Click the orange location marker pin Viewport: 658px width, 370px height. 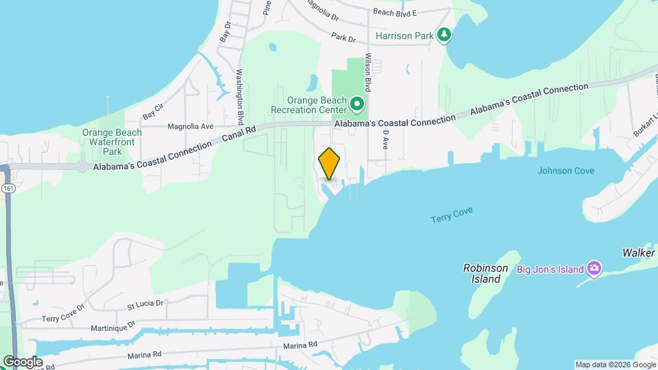pyautogui.click(x=330, y=164)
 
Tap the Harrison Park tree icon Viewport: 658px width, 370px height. pyautogui.click(x=445, y=34)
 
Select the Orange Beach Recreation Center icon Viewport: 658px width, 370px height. pyautogui.click(x=357, y=105)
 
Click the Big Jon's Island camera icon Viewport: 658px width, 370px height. pyautogui.click(x=594, y=269)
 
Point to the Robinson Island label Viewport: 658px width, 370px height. pyautogui.click(x=485, y=273)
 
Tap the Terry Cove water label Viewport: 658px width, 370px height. pyautogui.click(x=452, y=215)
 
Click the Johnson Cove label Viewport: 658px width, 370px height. pyautogui.click(x=565, y=171)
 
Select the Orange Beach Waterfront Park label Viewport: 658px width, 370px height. pyautogui.click(x=112, y=142)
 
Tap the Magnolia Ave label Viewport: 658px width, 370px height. pyautogui.click(x=191, y=126)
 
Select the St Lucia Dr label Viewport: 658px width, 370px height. pyautogui.click(x=146, y=303)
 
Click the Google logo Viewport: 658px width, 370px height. pyautogui.click(x=22, y=362)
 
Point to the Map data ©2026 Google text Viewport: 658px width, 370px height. pyautogui.click(x=615, y=365)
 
